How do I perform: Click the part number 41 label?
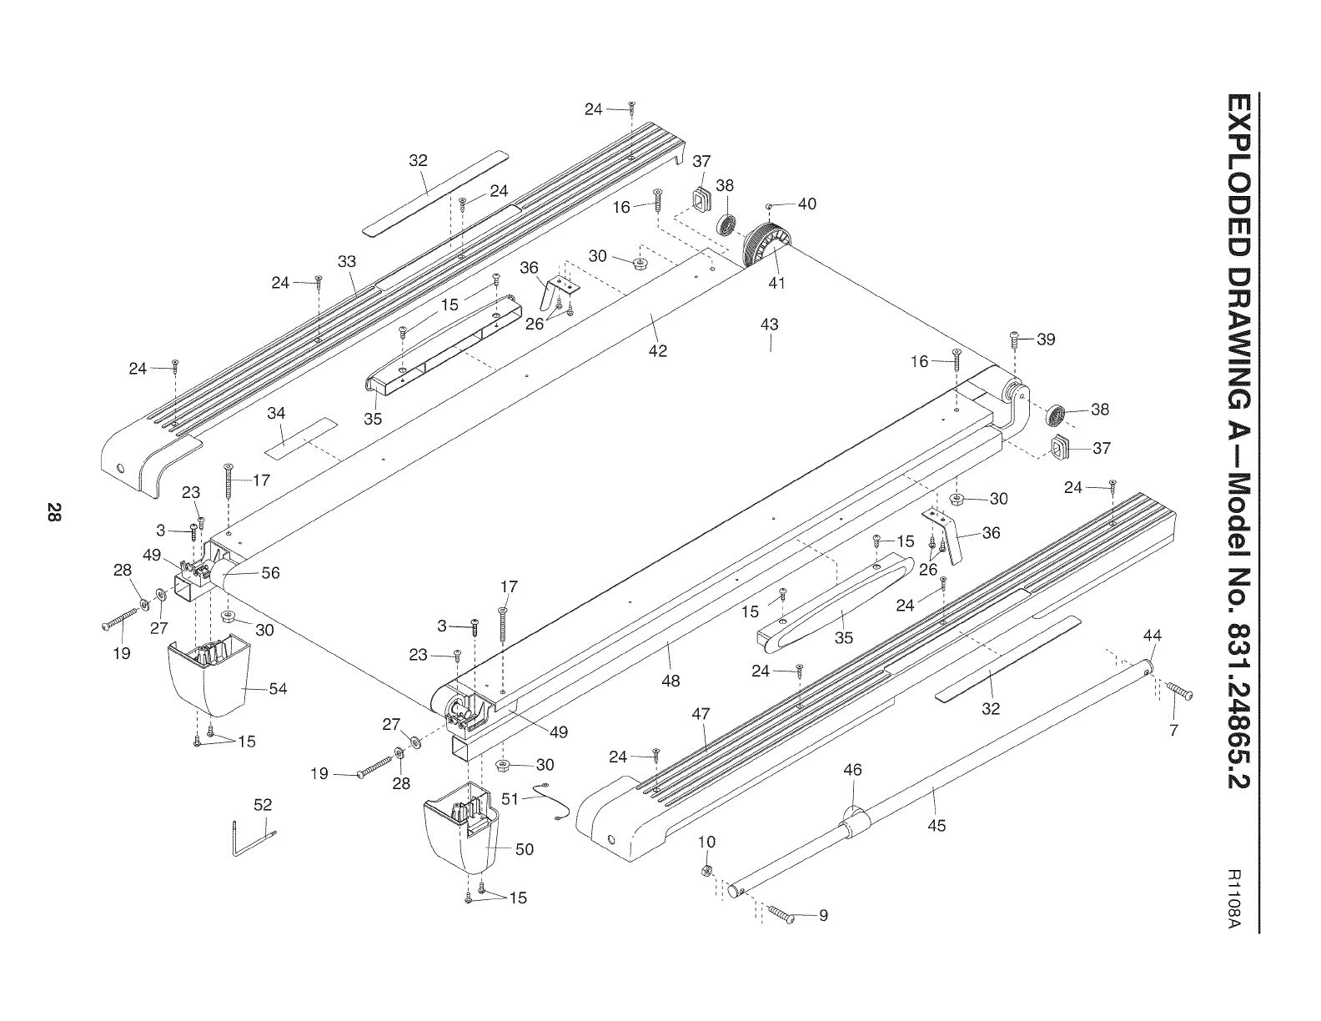[776, 283]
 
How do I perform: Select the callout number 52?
[263, 805]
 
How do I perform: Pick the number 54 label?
[278, 688]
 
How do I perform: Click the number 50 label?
[524, 849]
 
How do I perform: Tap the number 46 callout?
[852, 770]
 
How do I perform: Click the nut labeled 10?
[705, 871]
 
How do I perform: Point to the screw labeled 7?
[1179, 691]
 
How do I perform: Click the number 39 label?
[1046, 339]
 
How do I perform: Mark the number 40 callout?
[807, 204]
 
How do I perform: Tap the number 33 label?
[347, 262]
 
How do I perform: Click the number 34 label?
[276, 413]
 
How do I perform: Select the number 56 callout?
[270, 572]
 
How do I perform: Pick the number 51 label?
[510, 798]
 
